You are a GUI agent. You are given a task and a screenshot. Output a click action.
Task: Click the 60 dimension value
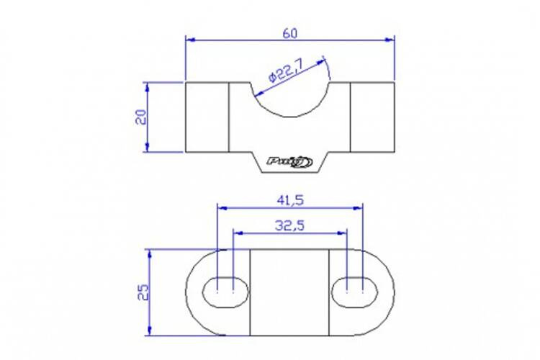(x=289, y=33)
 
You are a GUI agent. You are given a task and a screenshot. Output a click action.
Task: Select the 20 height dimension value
(x=141, y=117)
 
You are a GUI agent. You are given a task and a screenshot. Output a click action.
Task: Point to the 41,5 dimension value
(x=290, y=200)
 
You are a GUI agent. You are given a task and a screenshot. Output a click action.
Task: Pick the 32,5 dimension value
(x=290, y=225)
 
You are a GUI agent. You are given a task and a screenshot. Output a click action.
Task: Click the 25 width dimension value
(x=143, y=292)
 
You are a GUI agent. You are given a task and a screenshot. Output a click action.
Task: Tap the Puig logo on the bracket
(x=289, y=161)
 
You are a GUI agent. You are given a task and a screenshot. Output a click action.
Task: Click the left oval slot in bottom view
(x=225, y=292)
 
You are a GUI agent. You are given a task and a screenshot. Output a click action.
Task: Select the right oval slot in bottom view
(x=355, y=292)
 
